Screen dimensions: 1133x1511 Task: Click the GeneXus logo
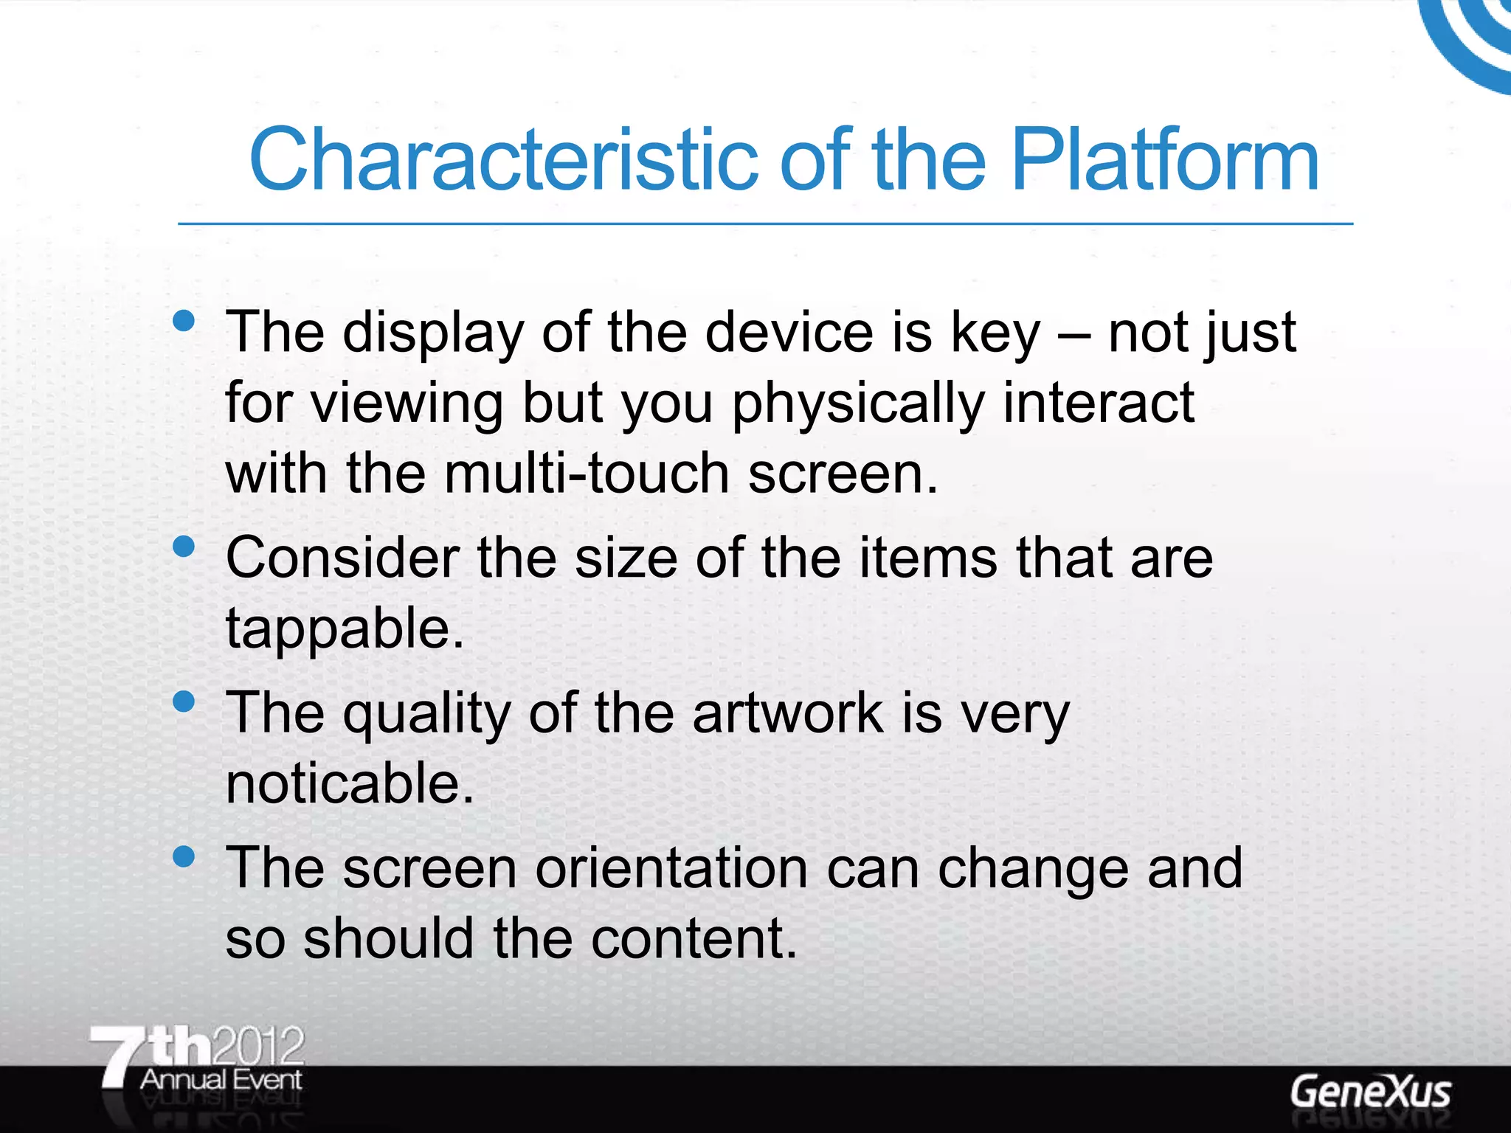pos(1370,1092)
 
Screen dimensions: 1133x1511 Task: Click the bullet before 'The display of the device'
pos(183,321)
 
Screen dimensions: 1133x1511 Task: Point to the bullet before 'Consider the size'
pos(183,547)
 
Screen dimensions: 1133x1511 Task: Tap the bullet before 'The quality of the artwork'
pos(183,701)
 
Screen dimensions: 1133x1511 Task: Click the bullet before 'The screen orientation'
pos(183,856)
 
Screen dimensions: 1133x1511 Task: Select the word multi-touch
pos(587,474)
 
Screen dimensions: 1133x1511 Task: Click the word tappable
pos(345,629)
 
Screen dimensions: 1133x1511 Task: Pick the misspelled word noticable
pos(350,783)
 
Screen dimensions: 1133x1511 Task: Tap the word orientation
pos(671,868)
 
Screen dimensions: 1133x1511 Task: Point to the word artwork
pos(787,713)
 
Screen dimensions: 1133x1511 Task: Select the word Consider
pos(342,558)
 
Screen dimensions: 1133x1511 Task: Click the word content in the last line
pos(694,938)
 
